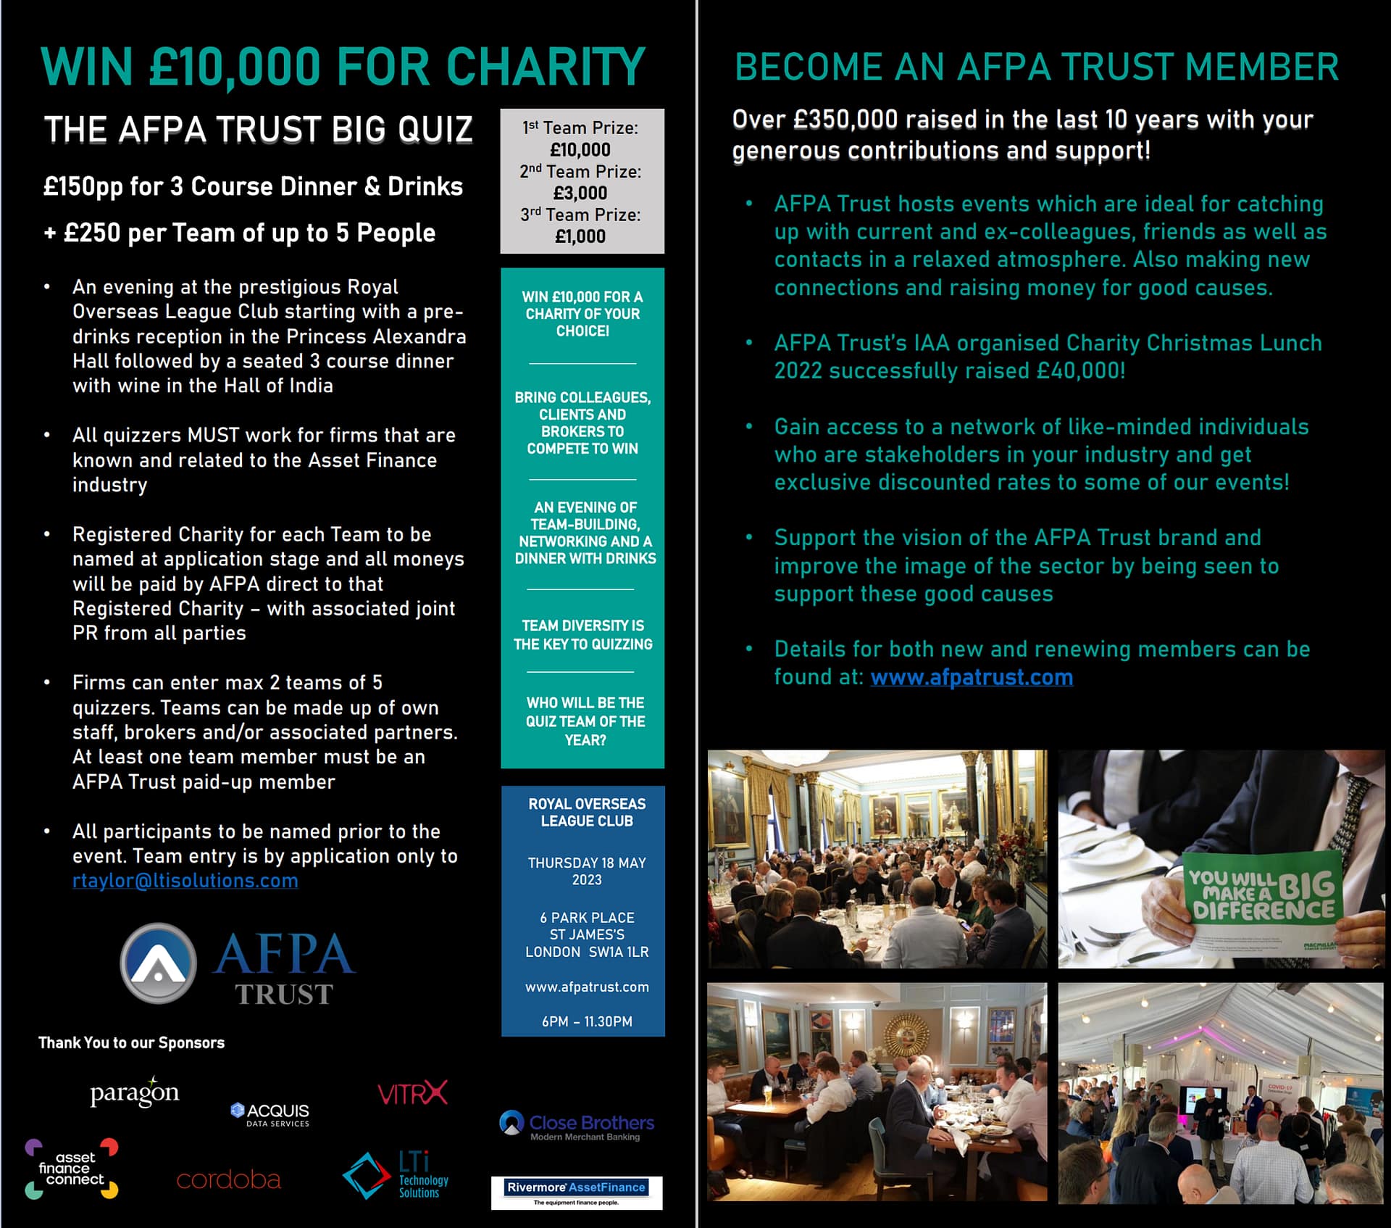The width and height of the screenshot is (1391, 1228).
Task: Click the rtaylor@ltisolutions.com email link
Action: pos(185,881)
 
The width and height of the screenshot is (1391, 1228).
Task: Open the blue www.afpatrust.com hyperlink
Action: pos(971,677)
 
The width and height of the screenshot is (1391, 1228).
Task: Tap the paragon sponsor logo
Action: pos(134,1092)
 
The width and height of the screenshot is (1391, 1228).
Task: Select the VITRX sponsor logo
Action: pos(412,1093)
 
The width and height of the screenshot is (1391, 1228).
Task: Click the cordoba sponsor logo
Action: pos(228,1180)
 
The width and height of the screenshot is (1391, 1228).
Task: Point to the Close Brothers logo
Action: pos(577,1125)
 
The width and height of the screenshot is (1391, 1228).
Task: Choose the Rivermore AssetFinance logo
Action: pos(577,1192)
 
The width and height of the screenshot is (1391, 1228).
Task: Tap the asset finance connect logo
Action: pos(71,1169)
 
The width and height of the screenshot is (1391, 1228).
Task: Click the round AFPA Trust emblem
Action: pos(158,963)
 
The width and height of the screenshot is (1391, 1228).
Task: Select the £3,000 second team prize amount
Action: pos(580,193)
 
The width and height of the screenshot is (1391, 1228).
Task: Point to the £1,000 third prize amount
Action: pos(580,236)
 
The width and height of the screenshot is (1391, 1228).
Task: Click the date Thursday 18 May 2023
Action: pos(586,871)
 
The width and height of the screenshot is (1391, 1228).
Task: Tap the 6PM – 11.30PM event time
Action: pos(587,1021)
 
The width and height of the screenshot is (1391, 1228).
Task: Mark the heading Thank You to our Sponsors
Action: pos(131,1042)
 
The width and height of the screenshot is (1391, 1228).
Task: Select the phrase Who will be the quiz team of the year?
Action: pos(585,721)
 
